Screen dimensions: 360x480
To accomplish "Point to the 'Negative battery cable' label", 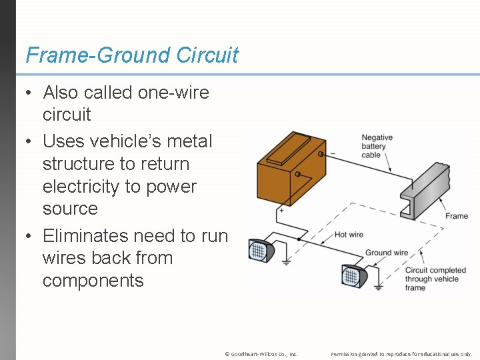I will pos(377,146).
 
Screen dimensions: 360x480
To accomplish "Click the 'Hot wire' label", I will pos(349,234).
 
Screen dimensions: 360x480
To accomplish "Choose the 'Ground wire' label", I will pos(387,253).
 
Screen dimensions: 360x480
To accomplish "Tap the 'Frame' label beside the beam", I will pos(457,216).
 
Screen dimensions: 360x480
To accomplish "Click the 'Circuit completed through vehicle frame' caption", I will pos(426,279).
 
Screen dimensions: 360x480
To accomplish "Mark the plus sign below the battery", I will pos(281,210).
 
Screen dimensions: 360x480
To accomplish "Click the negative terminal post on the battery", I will pos(321,154).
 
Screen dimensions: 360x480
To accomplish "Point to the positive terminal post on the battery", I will pos(298,175).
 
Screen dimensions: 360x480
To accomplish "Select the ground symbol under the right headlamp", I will pos(378,289).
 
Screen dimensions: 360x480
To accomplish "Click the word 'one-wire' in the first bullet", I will pos(173,93).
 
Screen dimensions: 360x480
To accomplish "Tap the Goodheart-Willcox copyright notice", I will pos(261,353).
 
